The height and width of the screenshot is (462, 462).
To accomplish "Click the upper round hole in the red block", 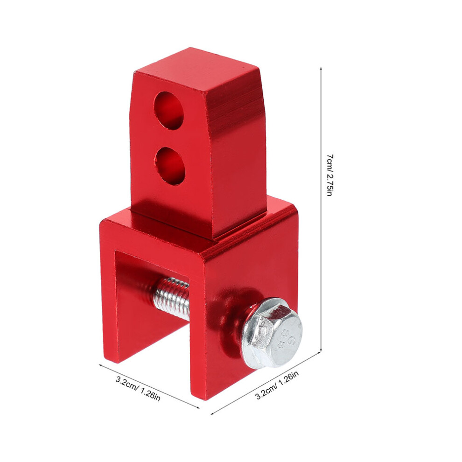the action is click(169, 111).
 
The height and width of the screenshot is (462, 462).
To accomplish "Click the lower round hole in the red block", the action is click(170, 166).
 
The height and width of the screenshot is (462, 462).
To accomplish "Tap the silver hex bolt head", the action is click(272, 333).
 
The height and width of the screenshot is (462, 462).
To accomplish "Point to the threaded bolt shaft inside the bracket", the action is click(171, 299).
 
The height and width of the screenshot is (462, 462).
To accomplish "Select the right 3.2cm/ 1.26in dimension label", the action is click(277, 385).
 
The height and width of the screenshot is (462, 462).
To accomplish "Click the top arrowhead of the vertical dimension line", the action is click(321, 69).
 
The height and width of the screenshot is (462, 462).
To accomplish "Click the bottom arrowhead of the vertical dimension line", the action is click(321, 350).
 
